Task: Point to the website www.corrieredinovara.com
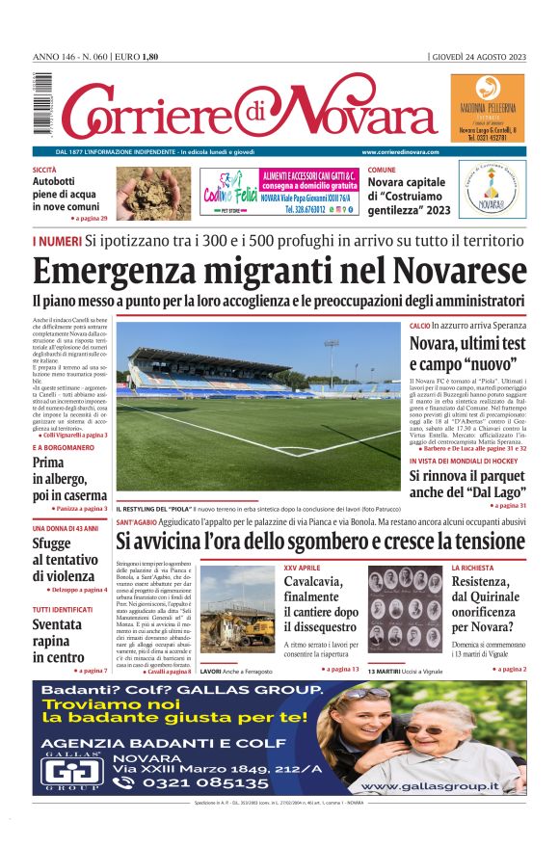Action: pos(400,152)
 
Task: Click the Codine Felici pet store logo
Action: pos(227,189)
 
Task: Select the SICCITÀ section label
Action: pos(44,169)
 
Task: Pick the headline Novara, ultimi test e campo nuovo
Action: pos(467,354)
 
